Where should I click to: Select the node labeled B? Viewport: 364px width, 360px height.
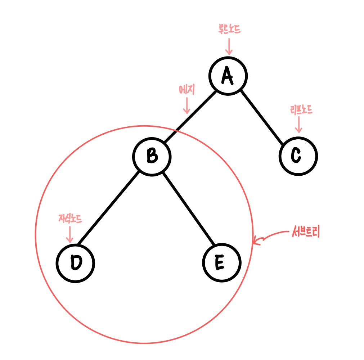tap(152, 157)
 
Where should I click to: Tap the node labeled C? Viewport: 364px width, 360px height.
tap(298, 157)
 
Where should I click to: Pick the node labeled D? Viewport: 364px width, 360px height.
tap(76, 263)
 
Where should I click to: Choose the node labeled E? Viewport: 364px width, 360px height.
tap(221, 263)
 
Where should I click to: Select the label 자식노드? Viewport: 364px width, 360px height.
tap(70, 219)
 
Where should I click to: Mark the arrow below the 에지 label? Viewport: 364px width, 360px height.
tap(187, 106)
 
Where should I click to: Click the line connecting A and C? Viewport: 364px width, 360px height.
tap(261, 116)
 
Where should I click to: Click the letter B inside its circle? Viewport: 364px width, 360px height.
tap(152, 157)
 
